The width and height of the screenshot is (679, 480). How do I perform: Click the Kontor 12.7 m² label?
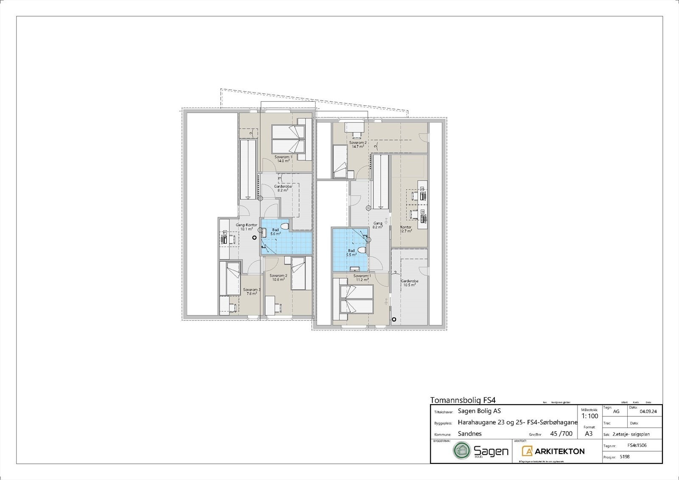pos(406,229)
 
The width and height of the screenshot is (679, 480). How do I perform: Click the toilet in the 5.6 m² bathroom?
pos(284,226)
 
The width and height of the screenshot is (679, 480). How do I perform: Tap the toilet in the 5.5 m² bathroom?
pos(362,250)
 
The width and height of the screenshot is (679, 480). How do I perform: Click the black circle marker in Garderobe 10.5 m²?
pos(394,319)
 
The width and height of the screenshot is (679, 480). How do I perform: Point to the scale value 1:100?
pos(589,416)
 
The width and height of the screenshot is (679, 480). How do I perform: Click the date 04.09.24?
pos(648,411)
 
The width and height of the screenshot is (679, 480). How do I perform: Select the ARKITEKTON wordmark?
pos(559,451)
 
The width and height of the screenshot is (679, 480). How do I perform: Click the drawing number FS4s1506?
pos(637,446)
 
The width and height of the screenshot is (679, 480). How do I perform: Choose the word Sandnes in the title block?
pos(470,434)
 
